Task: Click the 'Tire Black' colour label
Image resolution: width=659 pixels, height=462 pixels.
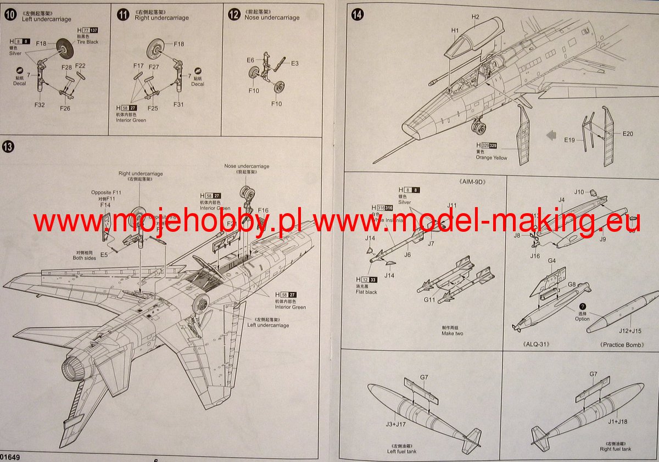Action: point(88,42)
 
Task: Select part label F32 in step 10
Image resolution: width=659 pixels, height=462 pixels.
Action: point(40,104)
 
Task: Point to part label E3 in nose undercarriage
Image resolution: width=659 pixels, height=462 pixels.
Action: point(295,64)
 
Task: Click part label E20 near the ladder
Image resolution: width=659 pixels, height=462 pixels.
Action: point(628,133)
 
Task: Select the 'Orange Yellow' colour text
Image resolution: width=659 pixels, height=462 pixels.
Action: point(492,158)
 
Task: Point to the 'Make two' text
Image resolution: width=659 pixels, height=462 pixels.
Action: point(452,333)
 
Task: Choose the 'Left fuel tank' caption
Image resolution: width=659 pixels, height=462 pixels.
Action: point(401,452)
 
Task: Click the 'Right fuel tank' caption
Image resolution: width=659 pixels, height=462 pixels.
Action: point(615,449)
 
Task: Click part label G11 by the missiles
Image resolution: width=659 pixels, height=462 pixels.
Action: point(429,300)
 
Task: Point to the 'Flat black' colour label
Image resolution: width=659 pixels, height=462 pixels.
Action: point(367,292)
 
